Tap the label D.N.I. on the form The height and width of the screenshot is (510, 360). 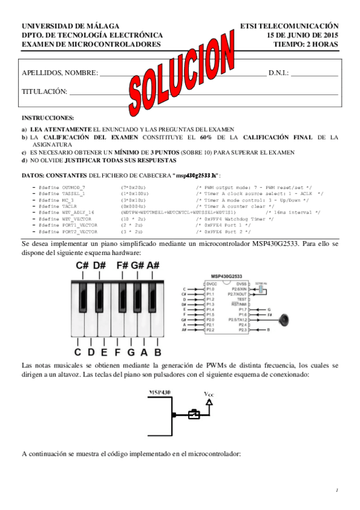[x=278, y=73]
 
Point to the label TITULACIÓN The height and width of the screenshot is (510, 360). [x=44, y=91]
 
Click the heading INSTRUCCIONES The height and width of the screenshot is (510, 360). [x=47, y=117]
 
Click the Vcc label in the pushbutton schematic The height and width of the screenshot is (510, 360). [x=210, y=395]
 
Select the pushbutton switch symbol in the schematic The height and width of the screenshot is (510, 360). [x=194, y=414]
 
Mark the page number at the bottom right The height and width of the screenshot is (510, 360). [x=338, y=490]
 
